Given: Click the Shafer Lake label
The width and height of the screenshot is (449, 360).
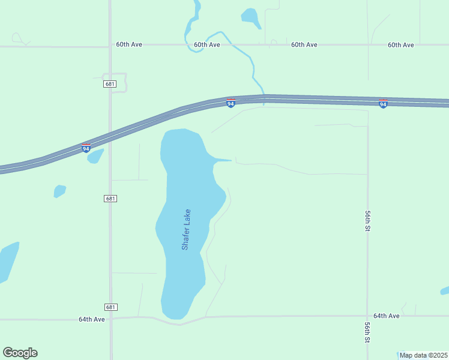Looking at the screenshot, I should point(186,229).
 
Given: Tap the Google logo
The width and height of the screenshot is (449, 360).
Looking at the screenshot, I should point(20,353).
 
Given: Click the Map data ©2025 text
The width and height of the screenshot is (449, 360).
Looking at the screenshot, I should point(424,355).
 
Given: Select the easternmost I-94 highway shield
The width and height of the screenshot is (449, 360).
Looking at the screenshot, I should point(383,104).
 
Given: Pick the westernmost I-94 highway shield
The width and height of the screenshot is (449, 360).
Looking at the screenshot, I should point(86,148).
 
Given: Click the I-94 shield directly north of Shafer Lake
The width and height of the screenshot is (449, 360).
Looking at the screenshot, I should point(231,103).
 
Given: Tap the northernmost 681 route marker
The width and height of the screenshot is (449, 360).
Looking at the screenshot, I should point(109,84).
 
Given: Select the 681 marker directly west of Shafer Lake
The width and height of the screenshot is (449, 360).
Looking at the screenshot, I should point(110,199).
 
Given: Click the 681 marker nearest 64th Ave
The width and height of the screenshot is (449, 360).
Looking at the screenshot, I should point(110,307).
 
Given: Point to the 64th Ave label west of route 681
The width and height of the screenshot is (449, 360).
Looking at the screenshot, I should point(92,319).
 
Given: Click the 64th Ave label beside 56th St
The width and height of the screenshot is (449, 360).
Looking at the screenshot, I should point(386,316).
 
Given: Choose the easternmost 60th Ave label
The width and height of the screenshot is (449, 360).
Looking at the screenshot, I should point(401,45).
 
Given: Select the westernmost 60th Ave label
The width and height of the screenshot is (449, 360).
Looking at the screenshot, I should point(129,45).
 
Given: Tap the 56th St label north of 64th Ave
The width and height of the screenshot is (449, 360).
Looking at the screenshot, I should point(367,221).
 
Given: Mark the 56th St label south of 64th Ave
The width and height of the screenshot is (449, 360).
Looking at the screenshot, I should point(367,332).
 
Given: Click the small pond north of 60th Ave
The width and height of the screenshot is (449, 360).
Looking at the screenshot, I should point(250,17).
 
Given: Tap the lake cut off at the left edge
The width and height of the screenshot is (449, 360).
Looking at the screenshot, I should point(7,261).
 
